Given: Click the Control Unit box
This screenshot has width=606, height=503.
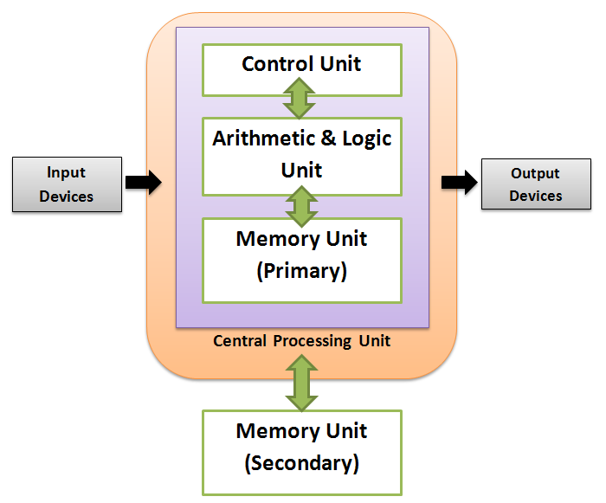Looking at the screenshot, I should click(x=301, y=69).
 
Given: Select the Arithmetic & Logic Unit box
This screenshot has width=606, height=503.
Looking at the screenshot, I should click(x=301, y=156).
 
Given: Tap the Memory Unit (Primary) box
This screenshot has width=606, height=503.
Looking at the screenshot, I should click(x=301, y=260).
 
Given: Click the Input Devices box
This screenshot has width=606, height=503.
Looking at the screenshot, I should click(x=66, y=185).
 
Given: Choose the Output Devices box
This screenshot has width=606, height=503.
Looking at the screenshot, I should click(x=535, y=185).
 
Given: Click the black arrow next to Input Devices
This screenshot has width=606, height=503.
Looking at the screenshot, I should click(x=143, y=182).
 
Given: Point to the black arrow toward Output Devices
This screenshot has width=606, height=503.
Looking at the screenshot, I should click(x=459, y=182).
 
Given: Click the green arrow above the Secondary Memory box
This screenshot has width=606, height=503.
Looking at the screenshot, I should click(x=300, y=387).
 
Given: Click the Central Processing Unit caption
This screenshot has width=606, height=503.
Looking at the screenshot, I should click(x=301, y=341).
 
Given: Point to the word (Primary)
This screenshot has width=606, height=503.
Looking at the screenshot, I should click(x=301, y=271).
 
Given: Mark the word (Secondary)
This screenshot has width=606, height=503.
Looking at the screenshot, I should click(x=301, y=463).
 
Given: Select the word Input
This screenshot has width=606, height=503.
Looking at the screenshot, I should click(x=66, y=173).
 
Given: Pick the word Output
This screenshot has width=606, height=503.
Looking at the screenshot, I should click(x=535, y=173).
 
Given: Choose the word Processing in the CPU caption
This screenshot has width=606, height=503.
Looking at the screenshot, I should click(x=311, y=341).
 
